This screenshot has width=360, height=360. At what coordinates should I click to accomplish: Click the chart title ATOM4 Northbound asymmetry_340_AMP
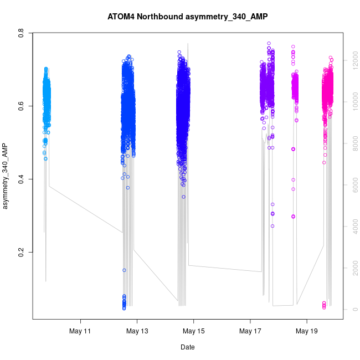[187, 17]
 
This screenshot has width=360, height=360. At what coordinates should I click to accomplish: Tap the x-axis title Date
[187, 347]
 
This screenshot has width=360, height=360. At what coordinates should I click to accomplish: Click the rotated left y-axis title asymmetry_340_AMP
[6, 176]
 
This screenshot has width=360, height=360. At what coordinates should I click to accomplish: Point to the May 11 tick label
[80, 331]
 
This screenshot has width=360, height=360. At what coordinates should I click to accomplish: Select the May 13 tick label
[137, 331]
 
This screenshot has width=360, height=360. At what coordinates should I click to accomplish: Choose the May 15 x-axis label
[193, 331]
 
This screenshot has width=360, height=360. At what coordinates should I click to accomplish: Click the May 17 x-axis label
[250, 331]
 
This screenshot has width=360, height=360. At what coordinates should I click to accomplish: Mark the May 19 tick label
[306, 331]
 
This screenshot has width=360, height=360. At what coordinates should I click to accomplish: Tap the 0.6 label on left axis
[23, 106]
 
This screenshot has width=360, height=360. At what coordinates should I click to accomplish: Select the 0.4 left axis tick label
[23, 179]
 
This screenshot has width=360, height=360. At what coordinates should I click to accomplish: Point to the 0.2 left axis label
[23, 252]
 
